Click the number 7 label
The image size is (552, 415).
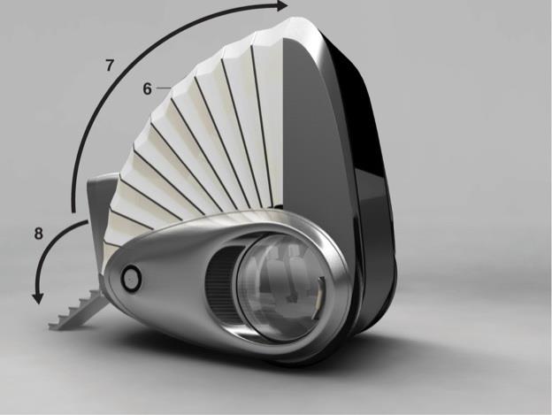pyautogui.click(x=111, y=65)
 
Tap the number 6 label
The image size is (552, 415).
pyautogui.click(x=148, y=88)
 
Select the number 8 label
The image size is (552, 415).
pyautogui.click(x=39, y=234)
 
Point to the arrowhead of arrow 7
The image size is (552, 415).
pyautogui.click(x=281, y=5)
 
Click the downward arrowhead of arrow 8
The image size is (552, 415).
pyautogui.click(x=38, y=298)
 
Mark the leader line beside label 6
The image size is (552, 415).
pyautogui.click(x=164, y=88)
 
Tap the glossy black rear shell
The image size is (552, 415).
pyautogui.click(x=366, y=183)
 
